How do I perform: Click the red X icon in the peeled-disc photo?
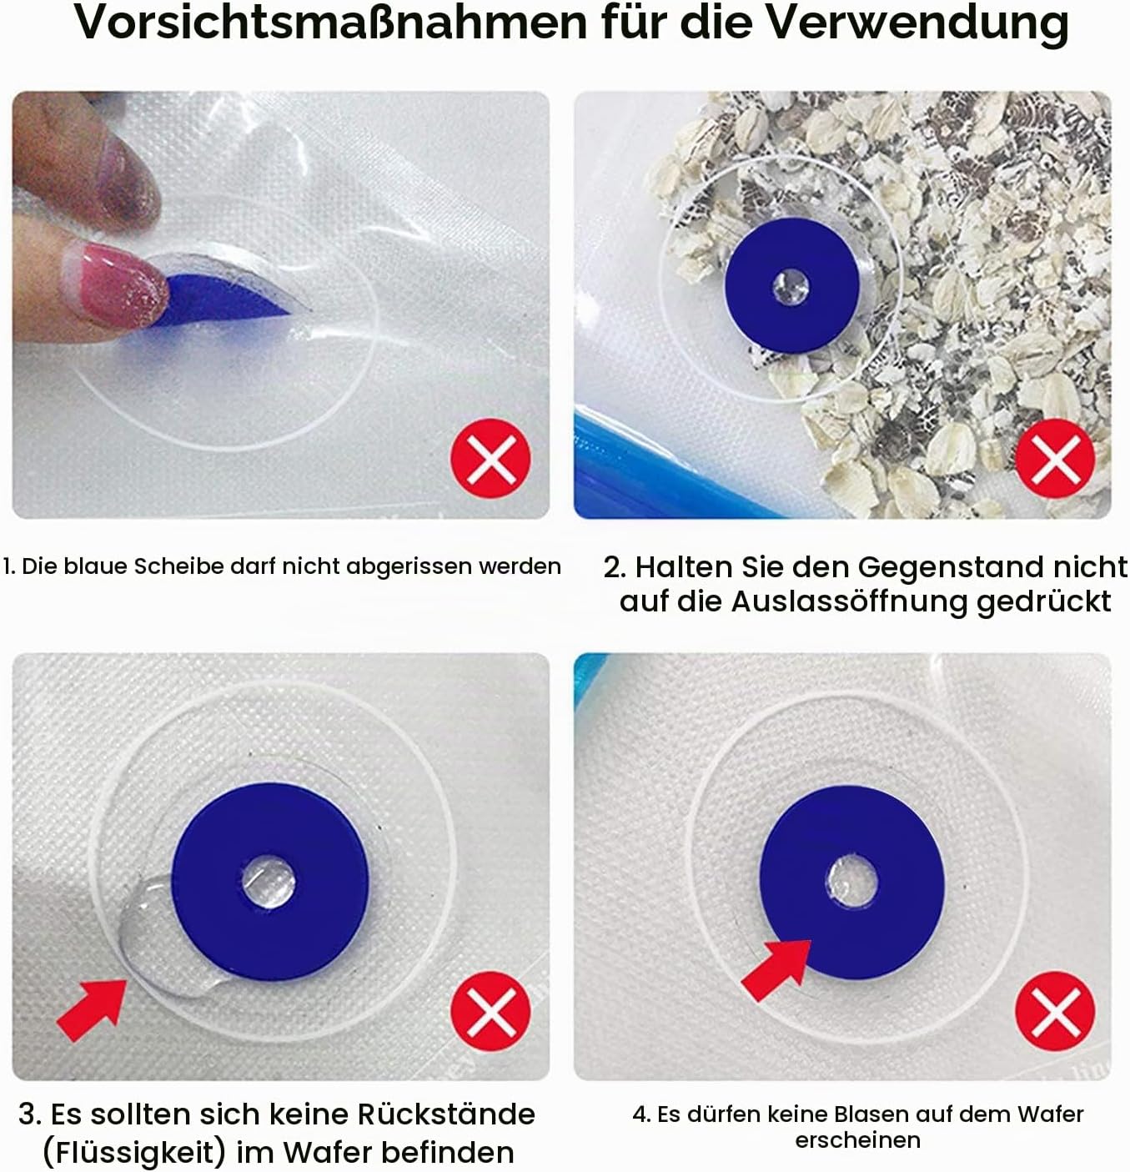(490, 459)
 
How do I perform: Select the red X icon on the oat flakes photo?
(1055, 459)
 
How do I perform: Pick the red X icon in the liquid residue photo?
(490, 1011)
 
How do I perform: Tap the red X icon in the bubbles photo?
(1055, 1011)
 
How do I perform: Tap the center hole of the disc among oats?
(791, 286)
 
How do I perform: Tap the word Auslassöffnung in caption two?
(850, 601)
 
